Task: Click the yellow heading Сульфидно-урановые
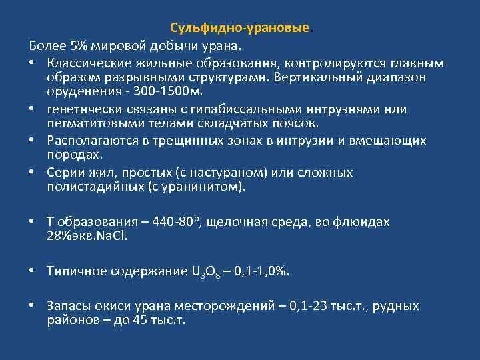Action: click(x=240, y=29)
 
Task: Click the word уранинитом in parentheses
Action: click(x=210, y=187)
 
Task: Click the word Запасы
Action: click(x=67, y=306)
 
